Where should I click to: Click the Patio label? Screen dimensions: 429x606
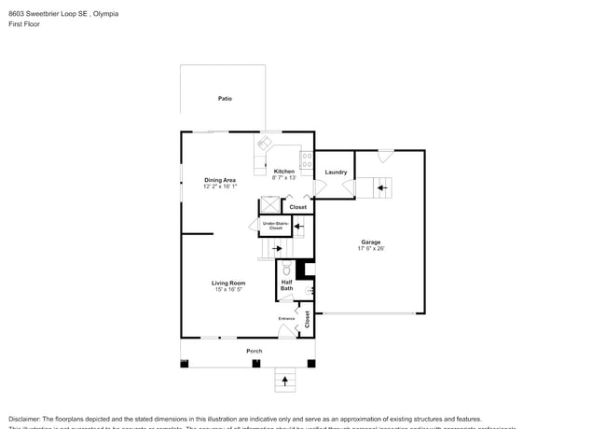tap(225, 98)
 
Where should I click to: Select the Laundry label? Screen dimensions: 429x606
tap(336, 172)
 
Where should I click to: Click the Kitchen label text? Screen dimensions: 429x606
tap(283, 172)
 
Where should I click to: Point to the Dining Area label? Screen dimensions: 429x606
tap(220, 180)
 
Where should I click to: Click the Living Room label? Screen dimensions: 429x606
tap(227, 283)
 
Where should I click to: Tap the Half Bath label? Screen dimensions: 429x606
tap(286, 285)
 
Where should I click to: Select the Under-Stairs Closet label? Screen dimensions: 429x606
tap(275, 226)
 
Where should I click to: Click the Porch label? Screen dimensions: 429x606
tap(254, 351)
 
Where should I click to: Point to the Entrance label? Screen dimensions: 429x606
tap(286, 319)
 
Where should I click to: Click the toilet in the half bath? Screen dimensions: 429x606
tap(287, 270)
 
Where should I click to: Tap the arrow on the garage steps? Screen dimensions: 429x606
tap(380, 187)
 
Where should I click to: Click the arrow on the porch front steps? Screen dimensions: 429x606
tap(285, 381)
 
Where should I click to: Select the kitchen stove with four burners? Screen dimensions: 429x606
tap(305, 159)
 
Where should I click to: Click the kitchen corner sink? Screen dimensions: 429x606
tap(264, 143)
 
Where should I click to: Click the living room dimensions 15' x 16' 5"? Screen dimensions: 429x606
tap(227, 289)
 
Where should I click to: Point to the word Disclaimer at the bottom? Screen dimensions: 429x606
tap(27, 419)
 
